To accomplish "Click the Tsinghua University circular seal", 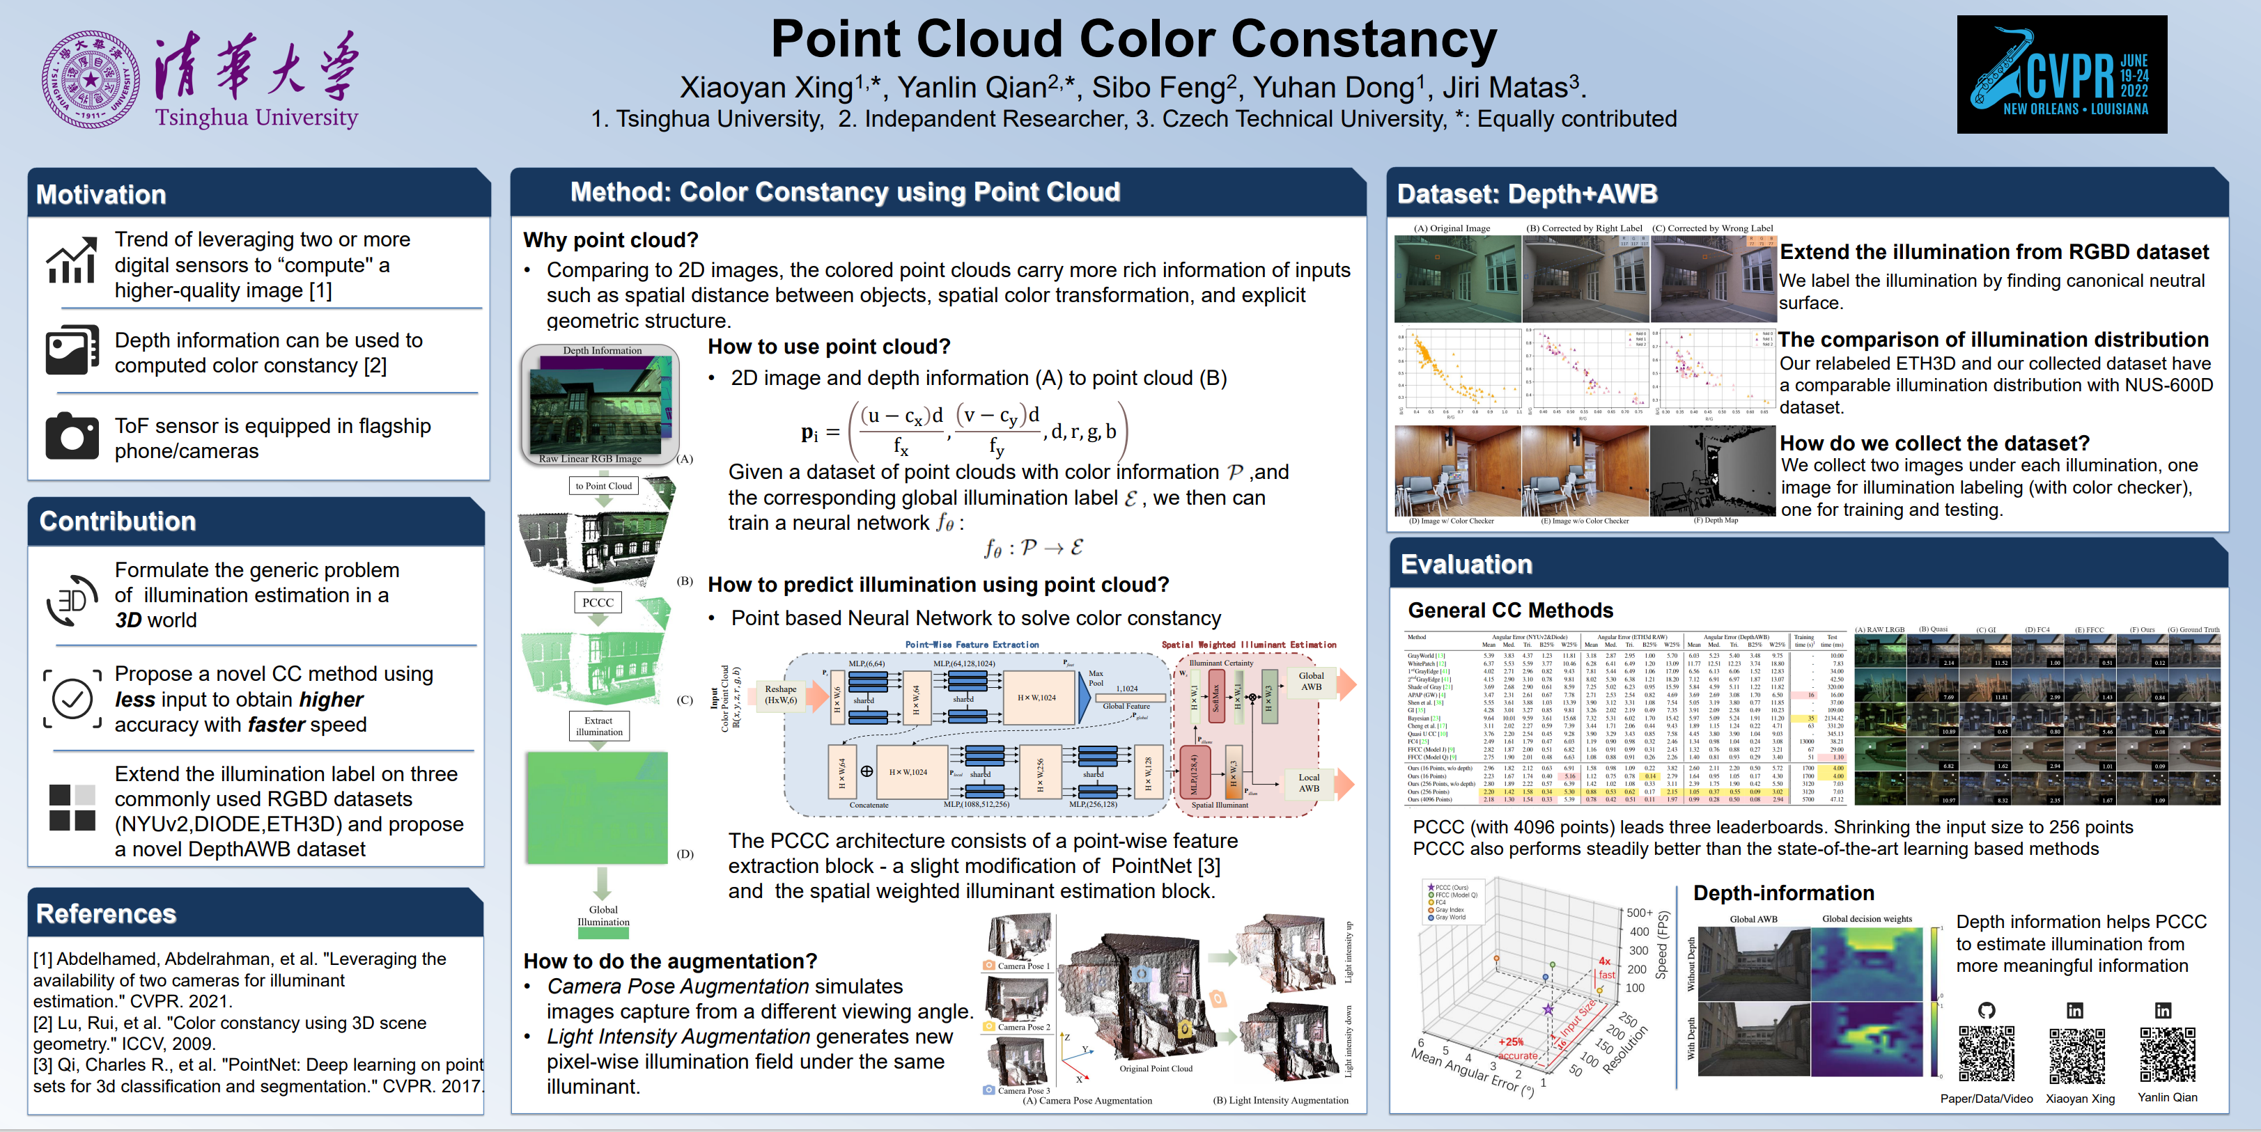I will (91, 80).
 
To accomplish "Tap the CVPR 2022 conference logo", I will (2061, 74).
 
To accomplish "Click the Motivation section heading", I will (101, 195).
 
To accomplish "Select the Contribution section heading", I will (118, 521).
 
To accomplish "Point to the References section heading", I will (106, 914).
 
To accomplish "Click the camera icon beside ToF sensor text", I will (72, 436).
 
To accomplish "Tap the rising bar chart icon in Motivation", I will (72, 262).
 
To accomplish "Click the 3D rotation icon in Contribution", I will (72, 600).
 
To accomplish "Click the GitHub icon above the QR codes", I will (1987, 1010).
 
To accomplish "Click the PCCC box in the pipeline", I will (598, 603).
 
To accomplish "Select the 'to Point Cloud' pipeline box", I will (603, 486).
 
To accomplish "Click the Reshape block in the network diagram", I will (780, 694).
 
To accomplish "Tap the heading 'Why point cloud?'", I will (610, 240).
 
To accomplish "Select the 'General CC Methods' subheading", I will (1509, 611).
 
